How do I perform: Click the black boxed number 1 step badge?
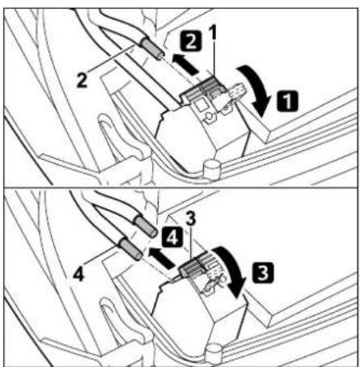pyautogui.click(x=287, y=101)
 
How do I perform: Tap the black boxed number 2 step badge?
pyautogui.click(x=191, y=41)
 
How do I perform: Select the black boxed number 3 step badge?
pyautogui.click(x=263, y=272)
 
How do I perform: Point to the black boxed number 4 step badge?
pyautogui.click(x=172, y=237)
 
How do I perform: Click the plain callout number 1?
pyautogui.click(x=214, y=32)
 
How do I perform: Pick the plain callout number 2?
pyautogui.click(x=82, y=80)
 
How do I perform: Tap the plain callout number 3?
pyautogui.click(x=191, y=218)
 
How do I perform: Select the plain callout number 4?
pyautogui.click(x=78, y=275)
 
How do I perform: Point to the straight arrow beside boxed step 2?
pyautogui.click(x=184, y=65)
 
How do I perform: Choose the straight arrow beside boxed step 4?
pyautogui.click(x=161, y=258)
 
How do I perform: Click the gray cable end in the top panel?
pyautogui.click(x=153, y=49)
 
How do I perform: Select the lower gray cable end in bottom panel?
pyautogui.click(x=131, y=250)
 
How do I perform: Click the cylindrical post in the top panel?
pyautogui.click(x=211, y=169)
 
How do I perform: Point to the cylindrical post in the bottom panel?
pyautogui.click(x=214, y=352)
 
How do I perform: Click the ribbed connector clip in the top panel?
pyautogui.click(x=201, y=89)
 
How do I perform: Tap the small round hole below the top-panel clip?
pyautogui.click(x=210, y=116)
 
